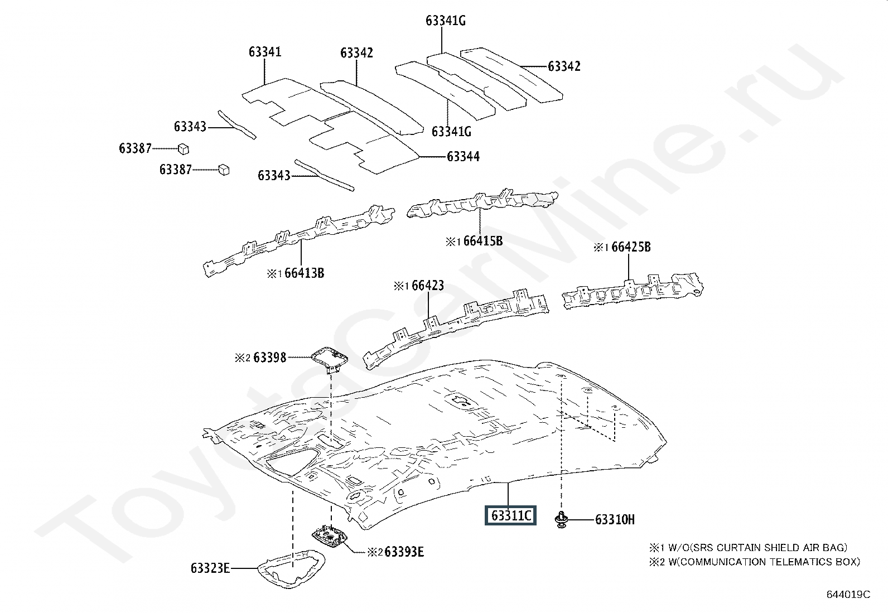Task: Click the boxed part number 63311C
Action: [x=510, y=515]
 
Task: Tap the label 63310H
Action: [x=615, y=520]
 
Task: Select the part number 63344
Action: [x=463, y=157]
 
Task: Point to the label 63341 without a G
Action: [x=265, y=52]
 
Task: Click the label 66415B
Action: [x=482, y=241]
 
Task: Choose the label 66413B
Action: [x=304, y=273]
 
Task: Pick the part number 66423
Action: [x=428, y=286]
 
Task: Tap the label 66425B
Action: [x=631, y=247]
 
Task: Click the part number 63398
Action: [x=269, y=357]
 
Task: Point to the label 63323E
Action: [x=210, y=568]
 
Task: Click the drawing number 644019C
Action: [x=848, y=595]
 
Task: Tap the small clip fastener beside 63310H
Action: [x=562, y=519]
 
